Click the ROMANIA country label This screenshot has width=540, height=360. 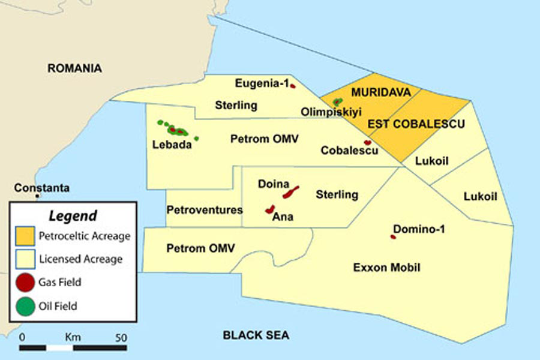point(74,68)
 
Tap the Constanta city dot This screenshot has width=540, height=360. point(38,196)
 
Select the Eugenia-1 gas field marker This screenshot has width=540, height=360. point(293,86)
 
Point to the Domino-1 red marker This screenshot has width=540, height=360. point(393,237)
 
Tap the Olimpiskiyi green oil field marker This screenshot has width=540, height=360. point(337,102)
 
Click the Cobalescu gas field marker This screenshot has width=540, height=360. point(367,143)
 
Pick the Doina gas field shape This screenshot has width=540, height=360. point(291,193)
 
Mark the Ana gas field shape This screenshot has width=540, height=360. point(270,209)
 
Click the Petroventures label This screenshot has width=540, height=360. point(205,210)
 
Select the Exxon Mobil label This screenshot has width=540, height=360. point(386,268)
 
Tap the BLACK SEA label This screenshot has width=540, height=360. point(256,335)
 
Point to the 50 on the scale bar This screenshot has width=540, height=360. point(121,337)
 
